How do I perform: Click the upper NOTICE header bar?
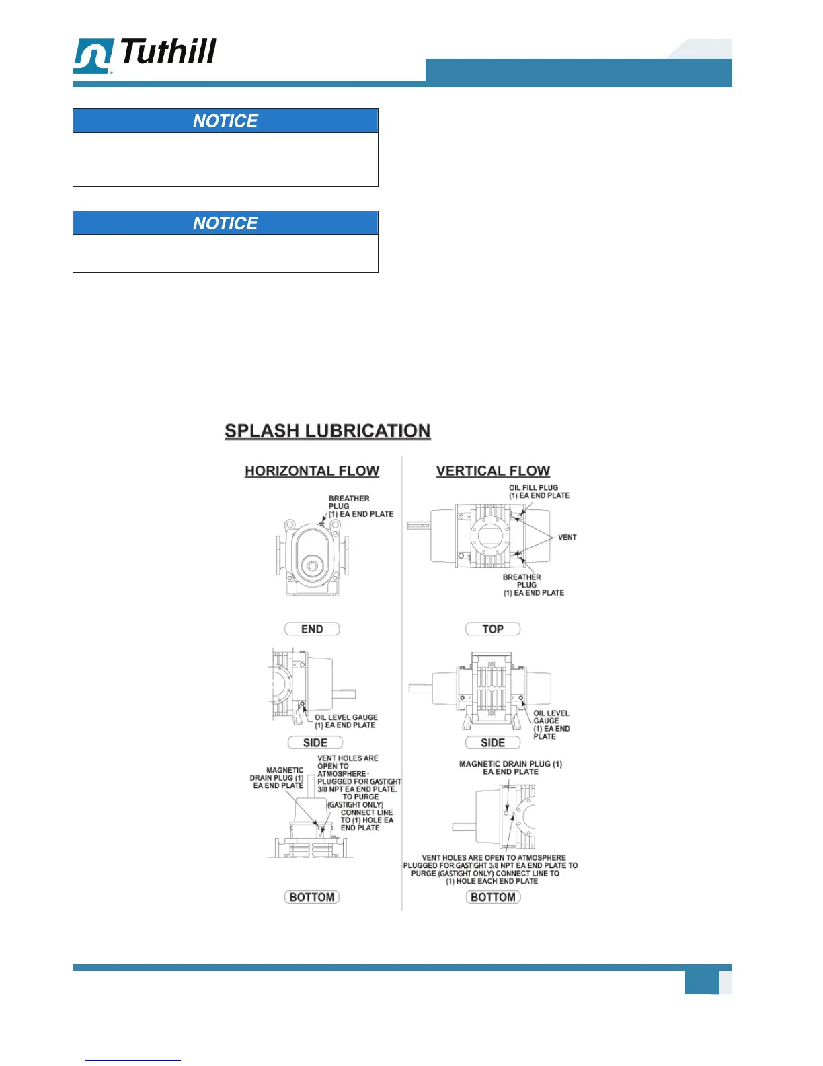point(225,120)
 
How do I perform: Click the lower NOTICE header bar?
point(225,223)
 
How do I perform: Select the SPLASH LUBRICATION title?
point(327,431)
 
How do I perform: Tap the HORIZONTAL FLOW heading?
point(312,471)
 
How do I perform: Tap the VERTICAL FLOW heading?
point(493,471)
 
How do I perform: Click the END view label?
point(312,629)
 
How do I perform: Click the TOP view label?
point(493,629)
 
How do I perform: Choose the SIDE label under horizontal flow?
point(315,742)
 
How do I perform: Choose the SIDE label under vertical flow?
point(493,742)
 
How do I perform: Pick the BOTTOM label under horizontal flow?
point(312,897)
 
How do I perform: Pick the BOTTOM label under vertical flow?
point(493,897)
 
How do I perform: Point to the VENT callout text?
point(567,537)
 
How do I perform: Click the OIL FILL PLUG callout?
point(539,491)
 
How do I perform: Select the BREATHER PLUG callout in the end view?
point(360,506)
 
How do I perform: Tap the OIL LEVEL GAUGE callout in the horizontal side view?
point(346,721)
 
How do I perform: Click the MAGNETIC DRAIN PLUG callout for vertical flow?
point(510,768)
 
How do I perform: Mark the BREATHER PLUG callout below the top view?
point(533,585)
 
